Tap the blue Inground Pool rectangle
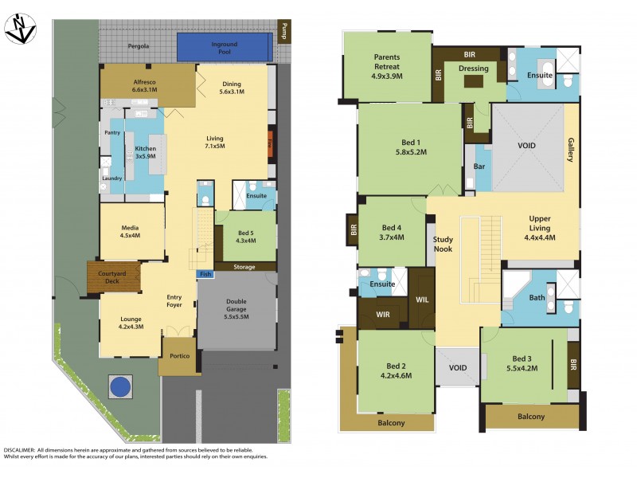223,47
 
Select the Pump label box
283,30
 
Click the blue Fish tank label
205,274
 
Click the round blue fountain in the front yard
119,388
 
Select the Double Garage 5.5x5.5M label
236,308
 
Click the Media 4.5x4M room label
130,231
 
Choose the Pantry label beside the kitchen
111,132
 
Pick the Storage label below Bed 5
244,267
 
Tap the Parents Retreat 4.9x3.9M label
388,67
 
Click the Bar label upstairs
479,168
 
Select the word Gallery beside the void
570,149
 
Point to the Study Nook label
443,244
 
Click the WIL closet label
422,299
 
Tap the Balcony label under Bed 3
531,417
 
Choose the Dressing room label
473,69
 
